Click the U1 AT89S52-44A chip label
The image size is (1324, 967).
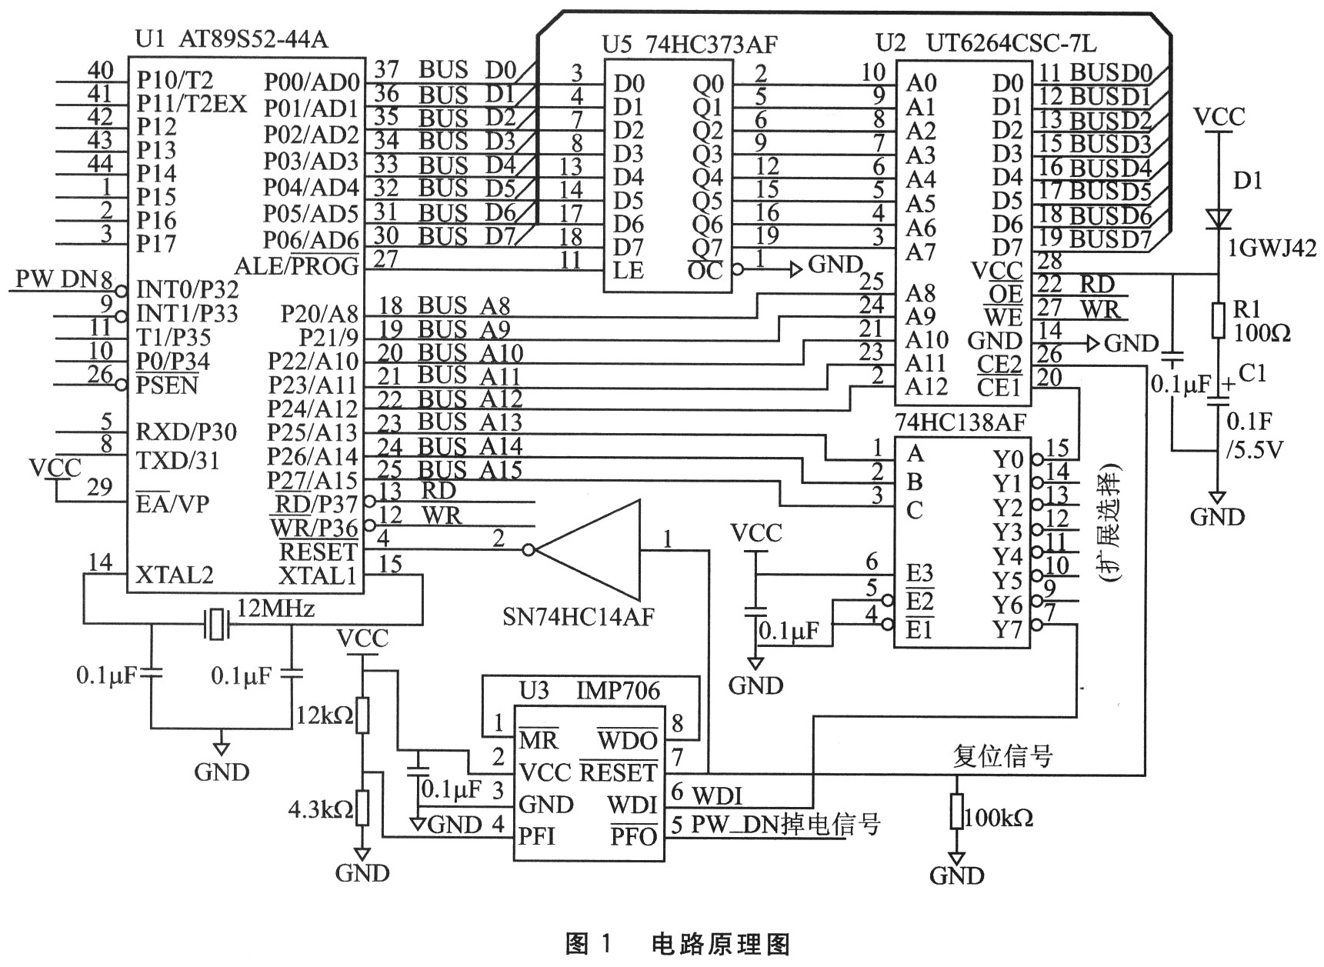pyautogui.click(x=232, y=39)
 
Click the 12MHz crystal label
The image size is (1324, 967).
pyautogui.click(x=275, y=609)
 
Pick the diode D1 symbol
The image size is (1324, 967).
pyautogui.click(x=1218, y=219)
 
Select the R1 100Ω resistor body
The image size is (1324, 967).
pyautogui.click(x=1218, y=319)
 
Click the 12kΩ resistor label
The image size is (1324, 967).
pyautogui.click(x=324, y=716)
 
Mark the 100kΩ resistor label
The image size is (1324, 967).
pyautogui.click(x=998, y=817)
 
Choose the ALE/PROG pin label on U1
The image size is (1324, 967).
pyautogui.click(x=297, y=266)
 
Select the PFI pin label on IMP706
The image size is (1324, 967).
pyautogui.click(x=538, y=835)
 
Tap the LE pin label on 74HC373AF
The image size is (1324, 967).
pyautogui.click(x=629, y=271)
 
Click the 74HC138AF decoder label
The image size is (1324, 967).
pyautogui.click(x=960, y=422)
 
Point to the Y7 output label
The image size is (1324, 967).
pyautogui.click(x=1007, y=630)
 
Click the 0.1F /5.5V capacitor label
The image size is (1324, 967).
pyautogui.click(x=1254, y=435)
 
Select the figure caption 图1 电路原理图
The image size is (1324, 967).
pyautogui.click(x=678, y=944)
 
